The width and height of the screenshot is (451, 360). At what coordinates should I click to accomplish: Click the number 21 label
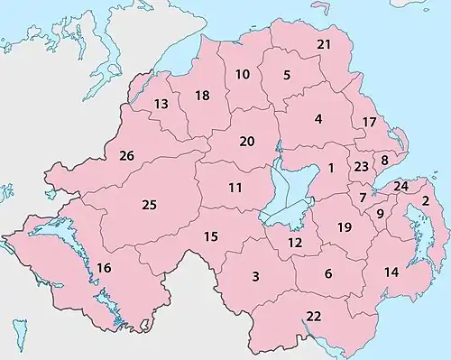tap(324, 45)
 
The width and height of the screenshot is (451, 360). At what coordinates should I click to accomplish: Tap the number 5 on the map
tap(287, 75)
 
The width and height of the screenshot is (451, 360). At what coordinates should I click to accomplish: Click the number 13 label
tap(161, 105)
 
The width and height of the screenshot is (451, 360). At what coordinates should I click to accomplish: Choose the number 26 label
tap(126, 157)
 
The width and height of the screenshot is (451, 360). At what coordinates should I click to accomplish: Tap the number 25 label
tap(150, 205)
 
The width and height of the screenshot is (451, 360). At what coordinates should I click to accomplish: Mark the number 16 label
tap(105, 268)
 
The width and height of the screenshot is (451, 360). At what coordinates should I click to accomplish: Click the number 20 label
tap(247, 141)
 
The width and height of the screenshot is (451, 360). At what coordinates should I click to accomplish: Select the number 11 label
tap(235, 188)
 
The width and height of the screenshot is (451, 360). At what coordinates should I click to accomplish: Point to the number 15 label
tap(211, 236)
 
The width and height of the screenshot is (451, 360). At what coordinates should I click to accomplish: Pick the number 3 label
tap(256, 276)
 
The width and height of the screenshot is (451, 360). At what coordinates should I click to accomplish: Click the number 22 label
tap(314, 316)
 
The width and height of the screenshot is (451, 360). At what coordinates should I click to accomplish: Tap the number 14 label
tap(391, 272)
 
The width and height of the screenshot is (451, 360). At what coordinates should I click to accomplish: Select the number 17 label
tap(368, 122)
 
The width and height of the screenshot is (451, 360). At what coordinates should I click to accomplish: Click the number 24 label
tap(401, 186)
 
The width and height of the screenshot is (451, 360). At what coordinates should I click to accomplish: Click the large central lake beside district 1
tap(295, 185)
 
